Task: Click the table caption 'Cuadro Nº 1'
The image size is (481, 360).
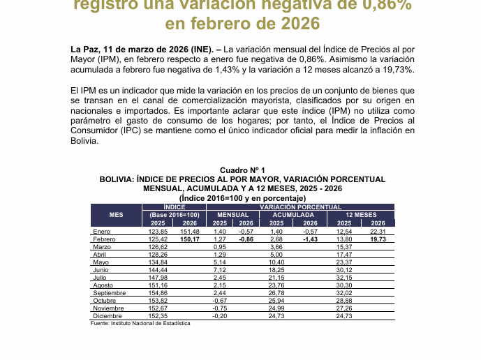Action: (242, 170)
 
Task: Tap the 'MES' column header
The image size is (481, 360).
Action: (117, 215)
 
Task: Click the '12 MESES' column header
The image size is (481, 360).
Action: (361, 215)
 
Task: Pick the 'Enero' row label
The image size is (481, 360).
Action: (101, 232)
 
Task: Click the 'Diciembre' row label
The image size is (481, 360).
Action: (108, 316)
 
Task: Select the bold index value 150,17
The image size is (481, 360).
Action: (190, 239)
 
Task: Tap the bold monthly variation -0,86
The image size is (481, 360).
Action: (246, 239)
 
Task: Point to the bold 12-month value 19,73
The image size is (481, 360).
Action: (378, 239)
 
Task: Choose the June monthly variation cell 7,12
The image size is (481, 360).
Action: (220, 270)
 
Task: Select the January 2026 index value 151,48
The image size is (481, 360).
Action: (190, 232)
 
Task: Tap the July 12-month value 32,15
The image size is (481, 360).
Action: (344, 278)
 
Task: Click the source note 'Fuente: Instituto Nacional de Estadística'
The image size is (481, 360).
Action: (140, 324)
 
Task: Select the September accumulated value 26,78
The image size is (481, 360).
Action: (277, 293)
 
